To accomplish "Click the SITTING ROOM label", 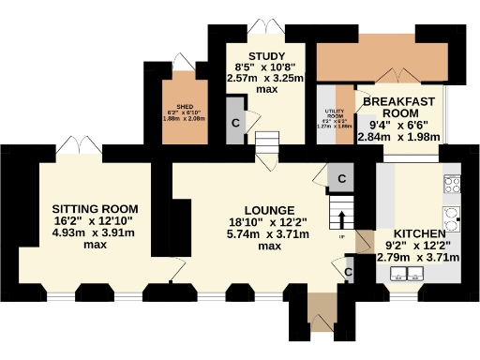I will [95, 208].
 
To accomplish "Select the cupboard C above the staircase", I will [342, 178].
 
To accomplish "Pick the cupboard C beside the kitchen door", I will [348, 272].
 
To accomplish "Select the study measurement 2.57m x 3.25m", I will [266, 80].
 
